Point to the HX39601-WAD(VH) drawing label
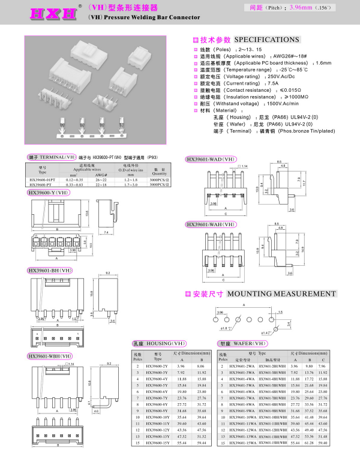(211, 159)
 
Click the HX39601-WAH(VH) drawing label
(211, 224)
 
